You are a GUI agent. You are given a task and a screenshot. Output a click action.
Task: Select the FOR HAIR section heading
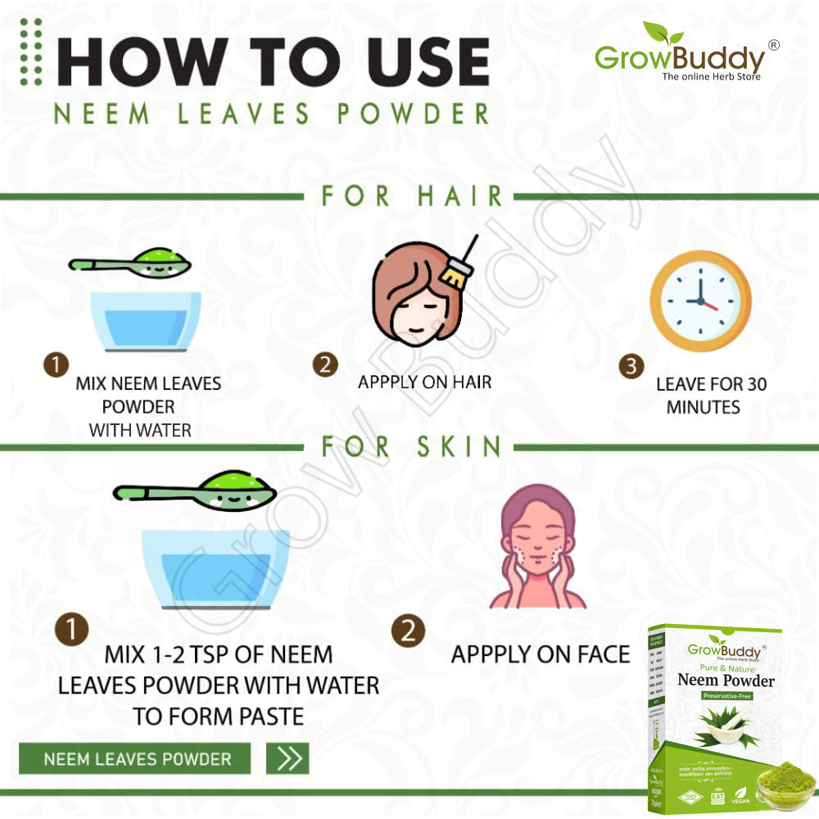[411, 196]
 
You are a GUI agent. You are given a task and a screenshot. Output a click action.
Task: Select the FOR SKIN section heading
[411, 446]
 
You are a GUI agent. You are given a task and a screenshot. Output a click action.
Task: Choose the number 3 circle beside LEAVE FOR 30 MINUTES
[631, 366]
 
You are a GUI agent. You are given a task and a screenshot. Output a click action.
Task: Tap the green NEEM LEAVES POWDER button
[136, 758]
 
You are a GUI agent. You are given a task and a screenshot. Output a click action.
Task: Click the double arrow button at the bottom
[287, 758]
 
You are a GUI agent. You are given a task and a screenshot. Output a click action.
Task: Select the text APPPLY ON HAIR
[424, 382]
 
